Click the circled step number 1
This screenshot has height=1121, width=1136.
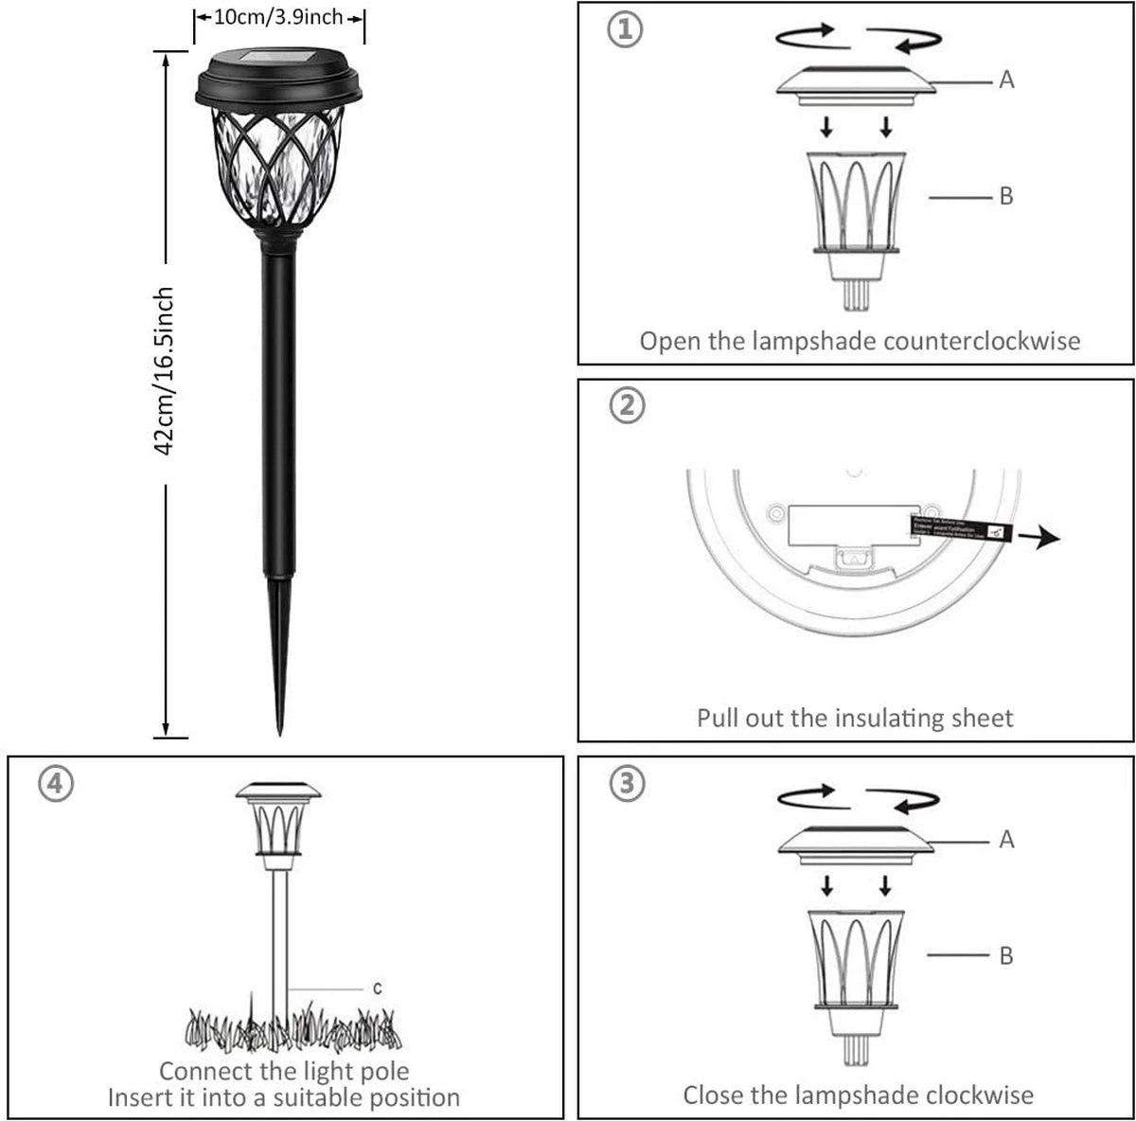pyautogui.click(x=625, y=29)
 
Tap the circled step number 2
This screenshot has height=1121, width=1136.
pyautogui.click(x=626, y=406)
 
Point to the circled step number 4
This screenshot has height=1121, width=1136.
pyautogui.click(x=55, y=784)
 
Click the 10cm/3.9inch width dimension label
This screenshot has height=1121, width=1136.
pyautogui.click(x=278, y=17)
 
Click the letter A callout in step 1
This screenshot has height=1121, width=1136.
pyautogui.click(x=1006, y=80)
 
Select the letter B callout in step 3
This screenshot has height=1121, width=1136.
pyautogui.click(x=1005, y=955)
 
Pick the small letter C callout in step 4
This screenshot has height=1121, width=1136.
pyautogui.click(x=377, y=988)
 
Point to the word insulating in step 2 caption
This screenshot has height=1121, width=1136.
pyautogui.click(x=884, y=718)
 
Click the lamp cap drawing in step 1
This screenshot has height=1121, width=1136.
pyautogui.click(x=855, y=81)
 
